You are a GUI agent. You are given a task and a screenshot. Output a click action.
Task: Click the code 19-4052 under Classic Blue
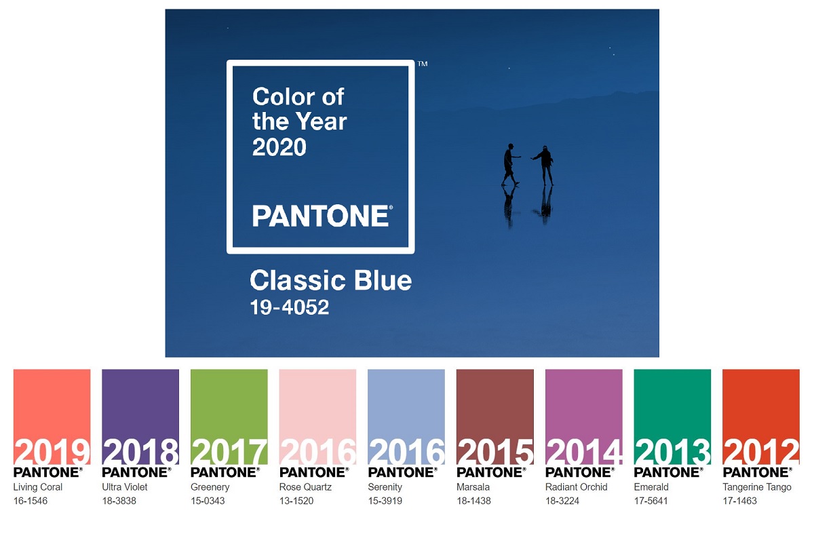point(290,307)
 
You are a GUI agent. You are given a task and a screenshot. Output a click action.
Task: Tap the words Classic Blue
point(331,281)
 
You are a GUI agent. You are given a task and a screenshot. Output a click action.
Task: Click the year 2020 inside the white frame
point(279,147)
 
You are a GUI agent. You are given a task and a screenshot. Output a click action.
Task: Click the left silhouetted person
point(510,164)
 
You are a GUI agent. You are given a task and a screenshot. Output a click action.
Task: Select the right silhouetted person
point(543,166)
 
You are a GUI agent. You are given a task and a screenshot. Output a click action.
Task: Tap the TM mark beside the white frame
point(423,64)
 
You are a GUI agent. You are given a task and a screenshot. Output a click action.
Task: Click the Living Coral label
point(38,487)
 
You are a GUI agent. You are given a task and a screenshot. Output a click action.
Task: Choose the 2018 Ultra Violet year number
point(141,452)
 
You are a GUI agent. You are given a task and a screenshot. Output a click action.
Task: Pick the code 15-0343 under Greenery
point(208,501)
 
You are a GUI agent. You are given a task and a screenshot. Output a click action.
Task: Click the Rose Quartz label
point(305,487)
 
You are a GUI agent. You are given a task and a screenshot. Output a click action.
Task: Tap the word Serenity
point(385,487)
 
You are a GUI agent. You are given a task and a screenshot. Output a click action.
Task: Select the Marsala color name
point(473,487)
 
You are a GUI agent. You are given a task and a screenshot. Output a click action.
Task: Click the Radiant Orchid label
point(577,487)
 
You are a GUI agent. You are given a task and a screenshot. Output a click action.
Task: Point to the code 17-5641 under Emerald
point(651,501)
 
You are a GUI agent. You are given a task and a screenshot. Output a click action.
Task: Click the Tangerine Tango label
point(757,487)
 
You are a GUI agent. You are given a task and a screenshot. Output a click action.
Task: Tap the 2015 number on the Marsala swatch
point(495,452)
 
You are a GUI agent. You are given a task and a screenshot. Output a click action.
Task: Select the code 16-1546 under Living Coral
point(31,501)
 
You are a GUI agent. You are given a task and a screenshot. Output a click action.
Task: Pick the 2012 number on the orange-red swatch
point(761,452)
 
